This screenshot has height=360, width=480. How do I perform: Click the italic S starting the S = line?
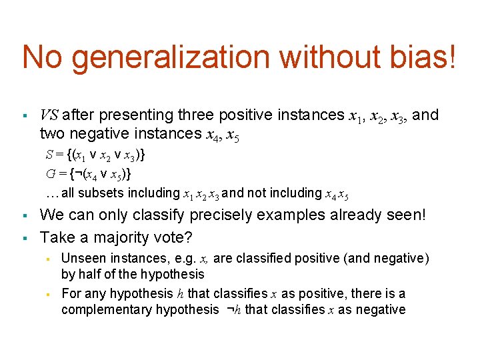point(49,155)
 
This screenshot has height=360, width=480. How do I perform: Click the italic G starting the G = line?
point(50,174)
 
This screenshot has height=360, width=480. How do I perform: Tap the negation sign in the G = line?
point(75,174)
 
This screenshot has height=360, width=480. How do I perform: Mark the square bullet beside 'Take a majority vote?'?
point(24,237)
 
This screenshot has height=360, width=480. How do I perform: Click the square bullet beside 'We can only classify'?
point(24,216)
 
